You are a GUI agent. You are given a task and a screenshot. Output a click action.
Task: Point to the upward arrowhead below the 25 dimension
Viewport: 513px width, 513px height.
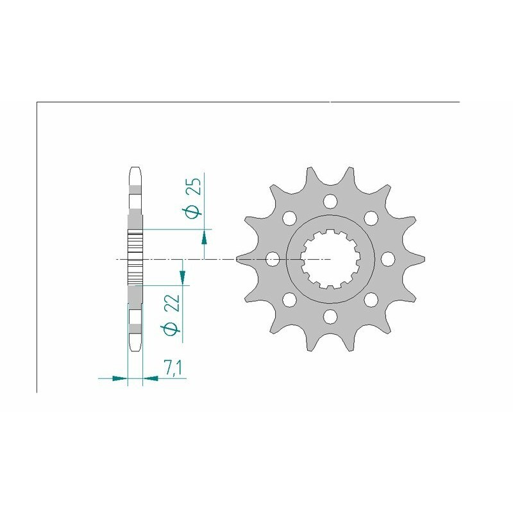tap(205, 238)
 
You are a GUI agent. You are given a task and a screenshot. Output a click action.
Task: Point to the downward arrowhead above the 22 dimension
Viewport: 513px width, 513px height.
tap(183, 278)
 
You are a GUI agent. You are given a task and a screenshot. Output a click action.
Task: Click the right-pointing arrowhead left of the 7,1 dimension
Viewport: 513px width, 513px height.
tap(120, 378)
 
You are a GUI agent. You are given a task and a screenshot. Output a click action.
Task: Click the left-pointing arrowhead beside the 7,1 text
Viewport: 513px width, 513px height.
tap(150, 378)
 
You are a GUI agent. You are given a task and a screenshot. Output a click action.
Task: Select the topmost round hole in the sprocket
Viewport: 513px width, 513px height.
tap(330, 201)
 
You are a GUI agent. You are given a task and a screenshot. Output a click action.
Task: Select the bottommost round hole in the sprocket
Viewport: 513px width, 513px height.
tap(330, 315)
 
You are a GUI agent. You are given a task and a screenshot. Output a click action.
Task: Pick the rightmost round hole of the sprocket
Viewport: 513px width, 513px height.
tap(387, 259)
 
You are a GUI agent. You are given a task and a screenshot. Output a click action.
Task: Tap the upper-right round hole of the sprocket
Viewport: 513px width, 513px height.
tap(370, 218)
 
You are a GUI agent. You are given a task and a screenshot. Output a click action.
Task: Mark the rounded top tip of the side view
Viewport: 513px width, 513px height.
tap(135, 171)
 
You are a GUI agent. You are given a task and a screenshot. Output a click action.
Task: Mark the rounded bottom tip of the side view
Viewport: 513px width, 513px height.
tap(135, 346)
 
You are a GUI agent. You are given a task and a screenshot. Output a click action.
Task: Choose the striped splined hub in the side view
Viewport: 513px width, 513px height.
tap(135, 259)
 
